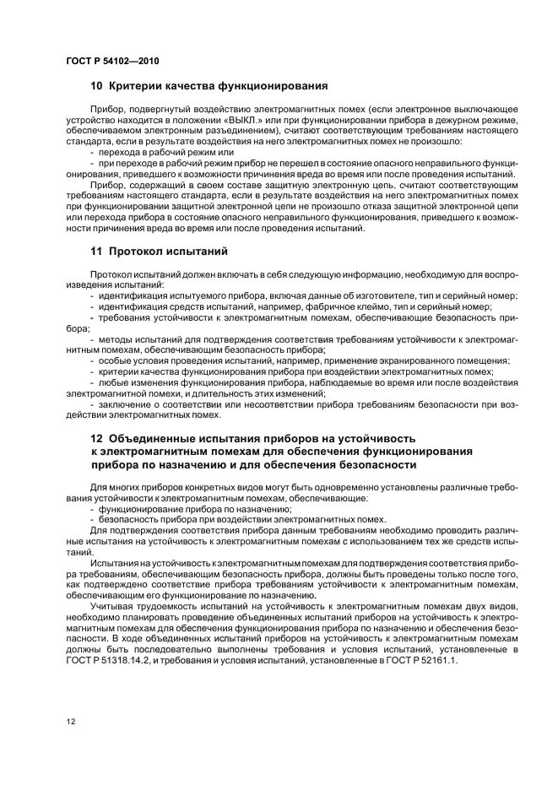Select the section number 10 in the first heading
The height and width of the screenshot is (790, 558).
[96, 85]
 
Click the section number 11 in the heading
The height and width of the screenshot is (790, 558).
[96, 251]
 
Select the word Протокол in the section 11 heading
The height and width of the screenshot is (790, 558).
[143, 251]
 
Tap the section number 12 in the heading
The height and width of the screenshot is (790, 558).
[96, 439]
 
